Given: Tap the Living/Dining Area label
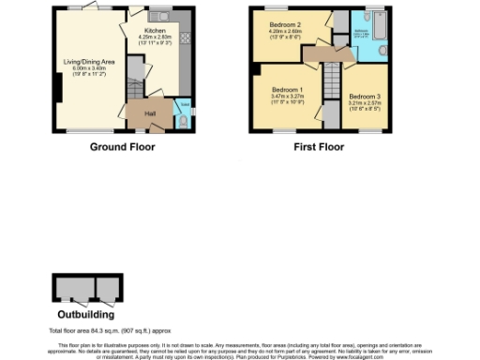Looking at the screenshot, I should (88, 62).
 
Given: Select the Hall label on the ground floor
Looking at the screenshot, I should (149, 113).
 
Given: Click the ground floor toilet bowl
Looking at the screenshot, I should (184, 119).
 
